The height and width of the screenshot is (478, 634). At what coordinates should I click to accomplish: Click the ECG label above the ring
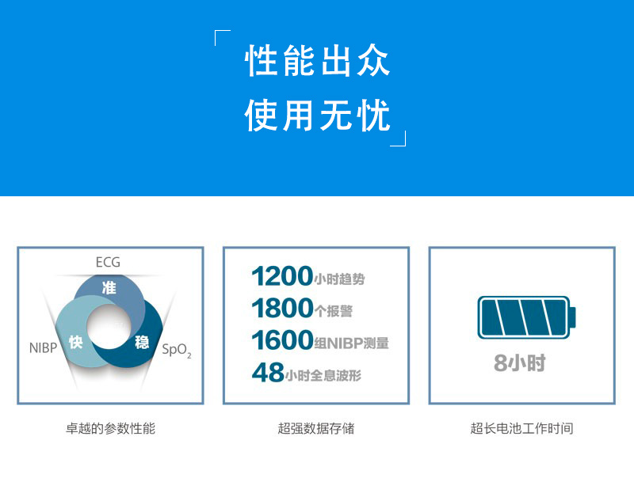(108, 263)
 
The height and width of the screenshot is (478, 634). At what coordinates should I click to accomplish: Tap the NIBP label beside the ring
(43, 347)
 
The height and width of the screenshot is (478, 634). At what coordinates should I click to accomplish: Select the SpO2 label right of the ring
(176, 350)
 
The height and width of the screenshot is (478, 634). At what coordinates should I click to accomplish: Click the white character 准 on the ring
(109, 288)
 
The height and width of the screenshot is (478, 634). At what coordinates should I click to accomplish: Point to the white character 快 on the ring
(75, 343)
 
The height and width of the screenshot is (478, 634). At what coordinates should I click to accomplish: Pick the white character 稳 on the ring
(142, 343)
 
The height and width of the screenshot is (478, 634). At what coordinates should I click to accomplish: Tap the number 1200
(282, 276)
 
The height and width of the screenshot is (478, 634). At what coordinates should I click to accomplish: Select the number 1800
(282, 309)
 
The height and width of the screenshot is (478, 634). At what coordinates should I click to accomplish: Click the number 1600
(282, 340)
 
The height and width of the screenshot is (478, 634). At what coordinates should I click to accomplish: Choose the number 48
(268, 372)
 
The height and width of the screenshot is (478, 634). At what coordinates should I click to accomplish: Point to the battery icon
(526, 317)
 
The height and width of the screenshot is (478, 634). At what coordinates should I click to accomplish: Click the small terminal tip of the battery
(573, 317)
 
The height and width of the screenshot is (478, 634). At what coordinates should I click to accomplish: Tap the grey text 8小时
(520, 362)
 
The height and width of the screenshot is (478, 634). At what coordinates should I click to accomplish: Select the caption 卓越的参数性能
(110, 428)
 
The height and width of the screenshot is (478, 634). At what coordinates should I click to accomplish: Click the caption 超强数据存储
(315, 428)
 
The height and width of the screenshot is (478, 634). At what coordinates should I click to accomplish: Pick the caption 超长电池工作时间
(521, 428)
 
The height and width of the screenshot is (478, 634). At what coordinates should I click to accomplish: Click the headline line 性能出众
(318, 61)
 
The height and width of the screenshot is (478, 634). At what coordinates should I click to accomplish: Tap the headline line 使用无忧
(318, 116)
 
